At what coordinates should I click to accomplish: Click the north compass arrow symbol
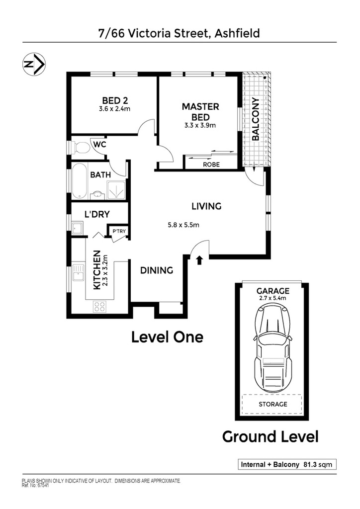click(x=34, y=64)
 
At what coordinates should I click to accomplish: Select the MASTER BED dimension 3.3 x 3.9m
click(x=200, y=125)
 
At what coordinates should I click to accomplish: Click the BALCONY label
click(x=256, y=119)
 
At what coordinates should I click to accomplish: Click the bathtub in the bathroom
click(x=79, y=181)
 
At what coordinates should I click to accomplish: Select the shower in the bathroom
click(x=116, y=190)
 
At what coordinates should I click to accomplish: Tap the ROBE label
click(x=211, y=165)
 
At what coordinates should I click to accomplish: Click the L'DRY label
click(x=97, y=214)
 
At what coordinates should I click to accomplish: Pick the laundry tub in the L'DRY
click(x=77, y=228)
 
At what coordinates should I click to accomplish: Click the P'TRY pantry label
click(x=119, y=231)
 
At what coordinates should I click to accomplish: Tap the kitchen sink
click(x=78, y=273)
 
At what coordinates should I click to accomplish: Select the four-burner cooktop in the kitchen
click(x=99, y=307)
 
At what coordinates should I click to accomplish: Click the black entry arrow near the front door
click(x=199, y=259)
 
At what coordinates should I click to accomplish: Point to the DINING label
click(x=157, y=270)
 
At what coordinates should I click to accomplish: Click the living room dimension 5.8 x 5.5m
click(x=183, y=225)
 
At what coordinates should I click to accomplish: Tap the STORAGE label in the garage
click(x=273, y=404)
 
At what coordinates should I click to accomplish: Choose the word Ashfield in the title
click(x=237, y=33)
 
